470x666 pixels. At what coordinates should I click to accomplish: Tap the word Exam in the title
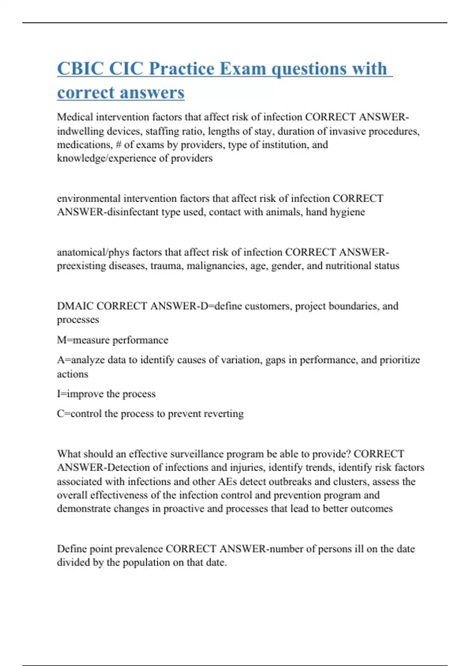(242, 69)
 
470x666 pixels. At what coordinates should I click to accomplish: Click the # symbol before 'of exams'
(118, 145)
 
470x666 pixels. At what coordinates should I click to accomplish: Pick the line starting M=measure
(112, 340)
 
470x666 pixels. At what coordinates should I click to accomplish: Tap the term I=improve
(76, 394)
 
